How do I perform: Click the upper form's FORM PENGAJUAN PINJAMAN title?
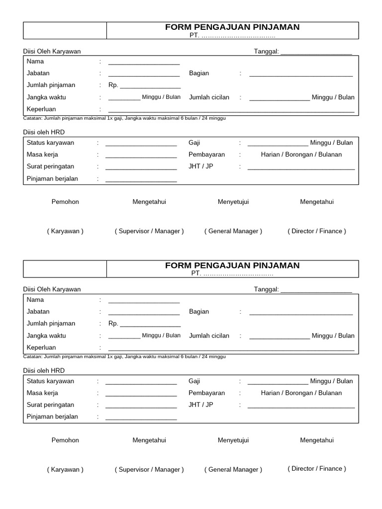[x=232, y=27]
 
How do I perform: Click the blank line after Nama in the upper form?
[x=144, y=63]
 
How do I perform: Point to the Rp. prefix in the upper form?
[x=113, y=85]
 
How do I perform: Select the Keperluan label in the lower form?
[x=41, y=347]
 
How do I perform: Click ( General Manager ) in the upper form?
[x=233, y=231]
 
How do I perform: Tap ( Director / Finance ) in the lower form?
[x=317, y=469]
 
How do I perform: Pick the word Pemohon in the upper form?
[x=65, y=202]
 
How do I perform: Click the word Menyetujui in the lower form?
[x=233, y=440]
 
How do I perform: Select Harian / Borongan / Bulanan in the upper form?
[x=301, y=155]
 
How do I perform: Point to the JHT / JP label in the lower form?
[x=200, y=405]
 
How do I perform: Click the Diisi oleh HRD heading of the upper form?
[x=44, y=132]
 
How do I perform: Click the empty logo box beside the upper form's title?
[x=65, y=30]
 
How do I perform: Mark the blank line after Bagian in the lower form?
[x=301, y=314]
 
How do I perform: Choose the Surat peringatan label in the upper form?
[x=50, y=167]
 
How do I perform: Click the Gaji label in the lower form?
[x=194, y=381]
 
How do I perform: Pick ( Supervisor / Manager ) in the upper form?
[x=149, y=231]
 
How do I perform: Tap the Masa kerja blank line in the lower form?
[x=141, y=395]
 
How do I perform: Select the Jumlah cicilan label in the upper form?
[x=209, y=97]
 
